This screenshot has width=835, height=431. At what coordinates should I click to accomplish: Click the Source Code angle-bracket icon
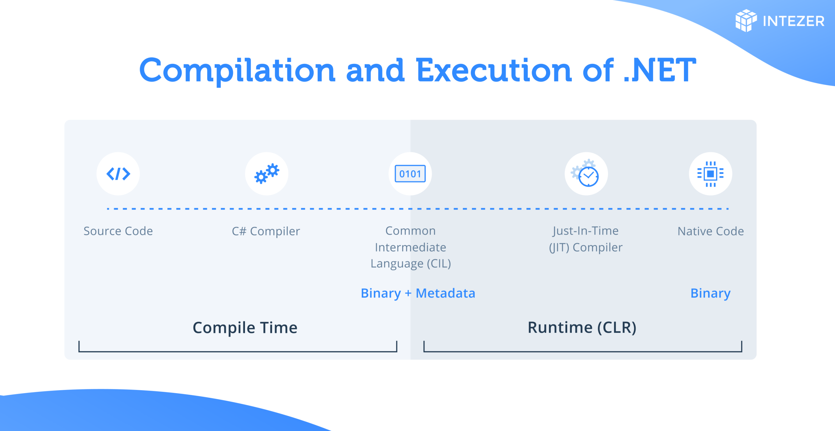118,174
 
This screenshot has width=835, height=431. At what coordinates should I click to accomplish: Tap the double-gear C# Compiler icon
267,174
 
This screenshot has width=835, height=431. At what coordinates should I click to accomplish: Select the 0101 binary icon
410,174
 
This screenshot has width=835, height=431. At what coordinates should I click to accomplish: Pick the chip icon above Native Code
710,174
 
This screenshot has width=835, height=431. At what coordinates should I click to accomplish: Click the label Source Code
118,231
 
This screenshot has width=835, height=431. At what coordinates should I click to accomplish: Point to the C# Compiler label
266,231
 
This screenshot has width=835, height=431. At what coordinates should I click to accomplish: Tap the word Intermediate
410,247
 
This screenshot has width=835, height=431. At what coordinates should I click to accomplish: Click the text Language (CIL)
411,264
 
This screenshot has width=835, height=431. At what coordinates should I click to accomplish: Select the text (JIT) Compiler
586,248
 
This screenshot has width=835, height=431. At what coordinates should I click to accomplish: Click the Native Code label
711,231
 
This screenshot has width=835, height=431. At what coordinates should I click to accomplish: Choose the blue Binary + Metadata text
418,293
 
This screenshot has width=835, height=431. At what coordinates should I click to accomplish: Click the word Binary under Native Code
710,293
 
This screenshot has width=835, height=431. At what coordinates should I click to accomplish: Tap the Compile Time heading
245,328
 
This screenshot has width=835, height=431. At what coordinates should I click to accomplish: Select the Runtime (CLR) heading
582,328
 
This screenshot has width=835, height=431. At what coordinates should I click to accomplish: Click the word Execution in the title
494,70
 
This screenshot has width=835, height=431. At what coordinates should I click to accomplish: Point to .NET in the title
660,70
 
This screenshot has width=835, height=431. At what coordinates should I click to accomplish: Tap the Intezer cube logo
746,21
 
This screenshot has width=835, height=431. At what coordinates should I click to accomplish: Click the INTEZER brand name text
794,21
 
